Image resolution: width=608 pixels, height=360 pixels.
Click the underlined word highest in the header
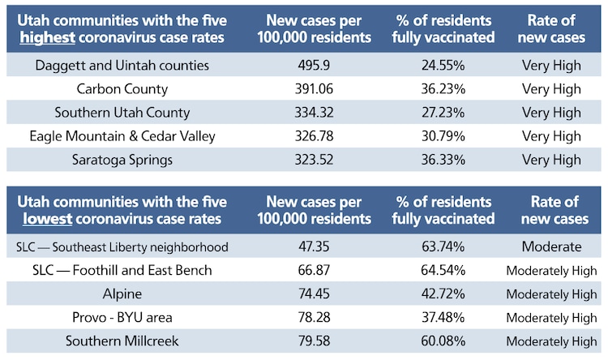[45, 36]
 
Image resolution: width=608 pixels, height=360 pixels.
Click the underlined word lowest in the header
[42, 219]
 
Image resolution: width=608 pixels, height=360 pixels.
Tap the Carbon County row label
[122, 88]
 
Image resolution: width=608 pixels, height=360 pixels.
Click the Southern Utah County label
[122, 113]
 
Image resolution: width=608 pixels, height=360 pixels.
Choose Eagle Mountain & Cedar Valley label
[122, 136]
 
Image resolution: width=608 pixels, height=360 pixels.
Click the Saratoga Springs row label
[122, 160]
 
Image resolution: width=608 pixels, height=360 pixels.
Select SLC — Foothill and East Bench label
[122, 270]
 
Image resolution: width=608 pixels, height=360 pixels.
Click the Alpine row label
[122, 294]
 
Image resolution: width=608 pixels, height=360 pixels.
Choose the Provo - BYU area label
[122, 317]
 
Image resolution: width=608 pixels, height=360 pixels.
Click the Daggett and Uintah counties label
[122, 65]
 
